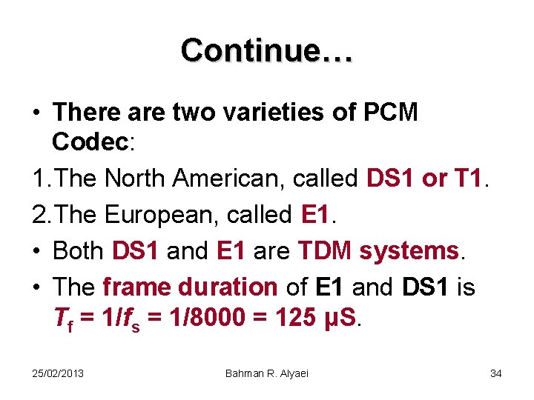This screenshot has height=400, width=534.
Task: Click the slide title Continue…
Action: click(x=267, y=50)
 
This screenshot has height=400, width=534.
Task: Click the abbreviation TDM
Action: click(x=326, y=251)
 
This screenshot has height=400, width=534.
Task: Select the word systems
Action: click(x=409, y=251)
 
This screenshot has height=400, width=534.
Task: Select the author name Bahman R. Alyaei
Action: click(x=267, y=373)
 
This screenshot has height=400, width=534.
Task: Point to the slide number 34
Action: click(x=495, y=373)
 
